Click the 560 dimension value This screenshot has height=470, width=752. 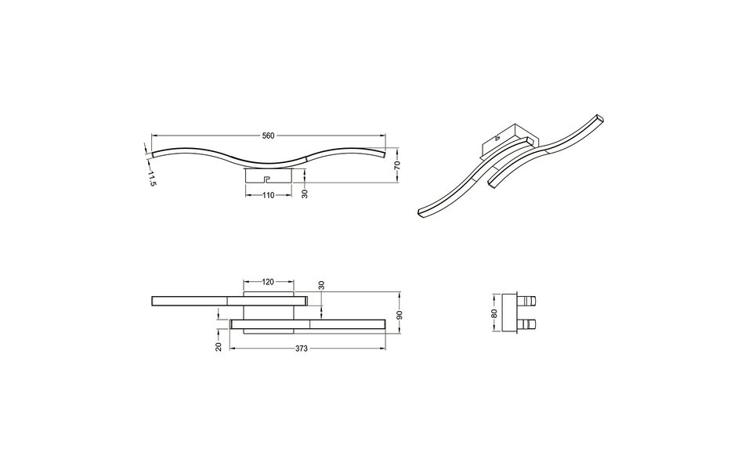coord(268,136)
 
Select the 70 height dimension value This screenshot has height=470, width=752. coord(397,165)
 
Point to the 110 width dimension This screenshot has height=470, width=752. coord(269,195)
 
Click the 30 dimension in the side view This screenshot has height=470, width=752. coord(305,193)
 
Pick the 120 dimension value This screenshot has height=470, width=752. coord(269,280)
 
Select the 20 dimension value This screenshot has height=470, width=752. coord(219,345)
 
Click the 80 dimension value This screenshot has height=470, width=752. coord(494,314)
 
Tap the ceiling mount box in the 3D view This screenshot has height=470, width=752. coord(509,139)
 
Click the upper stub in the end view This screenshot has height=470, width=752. coord(530,301)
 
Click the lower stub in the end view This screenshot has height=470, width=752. coord(530,324)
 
